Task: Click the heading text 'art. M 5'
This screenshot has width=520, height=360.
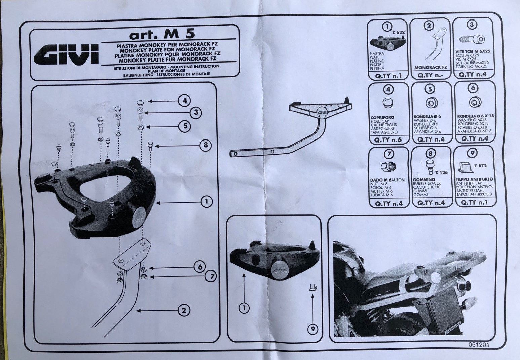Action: pyautogui.click(x=162, y=34)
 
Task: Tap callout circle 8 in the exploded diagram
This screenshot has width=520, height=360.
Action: pyautogui.click(x=205, y=145)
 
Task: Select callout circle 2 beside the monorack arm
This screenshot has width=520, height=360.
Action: pyautogui.click(x=183, y=310)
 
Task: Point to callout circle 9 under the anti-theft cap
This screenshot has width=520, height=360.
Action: pyautogui.click(x=313, y=329)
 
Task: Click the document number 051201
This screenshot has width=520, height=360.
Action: pyautogui.click(x=479, y=345)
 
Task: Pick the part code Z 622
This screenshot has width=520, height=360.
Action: pyautogui.click(x=398, y=32)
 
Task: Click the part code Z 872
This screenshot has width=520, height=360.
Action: pyautogui.click(x=480, y=166)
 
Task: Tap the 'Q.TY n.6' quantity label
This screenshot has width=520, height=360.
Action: pyautogui.click(x=388, y=140)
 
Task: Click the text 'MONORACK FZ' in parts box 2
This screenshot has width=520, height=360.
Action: pyautogui.click(x=430, y=68)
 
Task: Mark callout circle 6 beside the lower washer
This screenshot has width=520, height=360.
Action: pyautogui.click(x=200, y=267)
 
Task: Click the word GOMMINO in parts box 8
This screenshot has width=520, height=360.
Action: pyautogui.click(x=424, y=180)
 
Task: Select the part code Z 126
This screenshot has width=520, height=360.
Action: pyautogui.click(x=441, y=173)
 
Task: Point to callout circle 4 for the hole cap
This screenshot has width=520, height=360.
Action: pyautogui.click(x=185, y=100)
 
